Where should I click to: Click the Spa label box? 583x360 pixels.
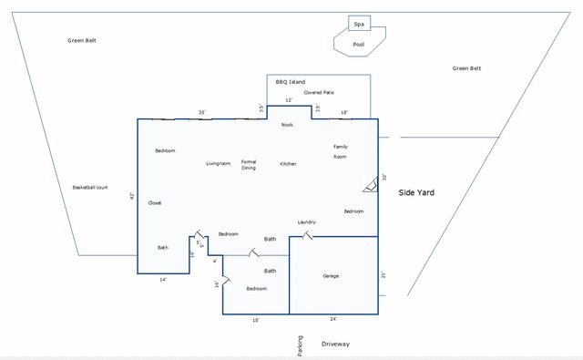(x=358, y=24)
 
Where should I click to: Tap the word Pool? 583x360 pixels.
(x=358, y=44)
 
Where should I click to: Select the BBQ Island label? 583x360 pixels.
(x=291, y=82)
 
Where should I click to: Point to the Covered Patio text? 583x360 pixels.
(x=319, y=92)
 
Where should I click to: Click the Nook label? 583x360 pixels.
(x=287, y=125)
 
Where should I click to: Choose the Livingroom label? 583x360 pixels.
(x=218, y=163)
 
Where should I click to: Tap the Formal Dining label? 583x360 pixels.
(x=249, y=165)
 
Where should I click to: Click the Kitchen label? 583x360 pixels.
(x=288, y=164)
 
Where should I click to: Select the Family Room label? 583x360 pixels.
(x=340, y=151)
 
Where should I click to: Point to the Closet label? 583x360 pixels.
(x=155, y=203)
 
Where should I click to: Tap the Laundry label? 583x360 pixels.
(x=306, y=222)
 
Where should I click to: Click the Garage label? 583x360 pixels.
(x=331, y=275)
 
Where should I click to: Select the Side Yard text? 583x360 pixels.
(x=418, y=193)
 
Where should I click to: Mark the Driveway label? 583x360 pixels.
(x=335, y=344)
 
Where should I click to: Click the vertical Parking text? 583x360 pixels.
(x=300, y=345)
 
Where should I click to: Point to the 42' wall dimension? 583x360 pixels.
(x=132, y=196)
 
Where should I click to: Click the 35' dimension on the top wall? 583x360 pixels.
(x=202, y=112)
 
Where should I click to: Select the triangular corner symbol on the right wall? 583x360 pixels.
(x=370, y=186)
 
